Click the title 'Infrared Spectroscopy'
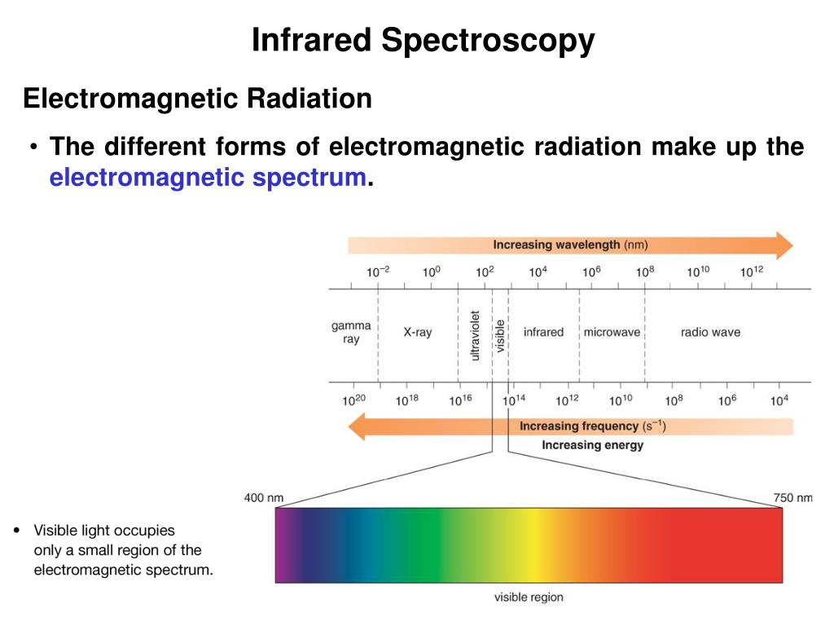423,40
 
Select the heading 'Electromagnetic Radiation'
197,99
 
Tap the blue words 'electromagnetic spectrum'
207,177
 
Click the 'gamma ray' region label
351,332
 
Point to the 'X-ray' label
417,333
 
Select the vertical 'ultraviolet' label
475,335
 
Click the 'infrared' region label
543,333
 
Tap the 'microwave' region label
612,333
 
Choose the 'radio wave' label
710,333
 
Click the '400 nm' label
264,498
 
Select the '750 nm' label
792,498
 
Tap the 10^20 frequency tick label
353,399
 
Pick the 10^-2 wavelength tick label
377,271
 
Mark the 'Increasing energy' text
592,445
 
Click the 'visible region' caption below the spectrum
529,597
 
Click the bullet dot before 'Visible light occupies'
18,531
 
